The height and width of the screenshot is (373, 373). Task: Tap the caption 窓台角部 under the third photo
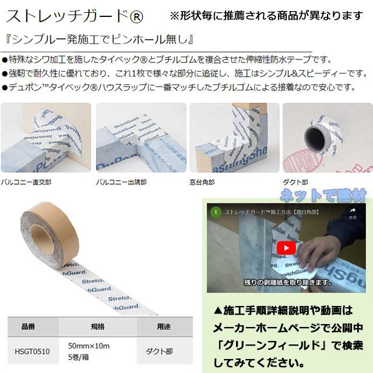[205, 182]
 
